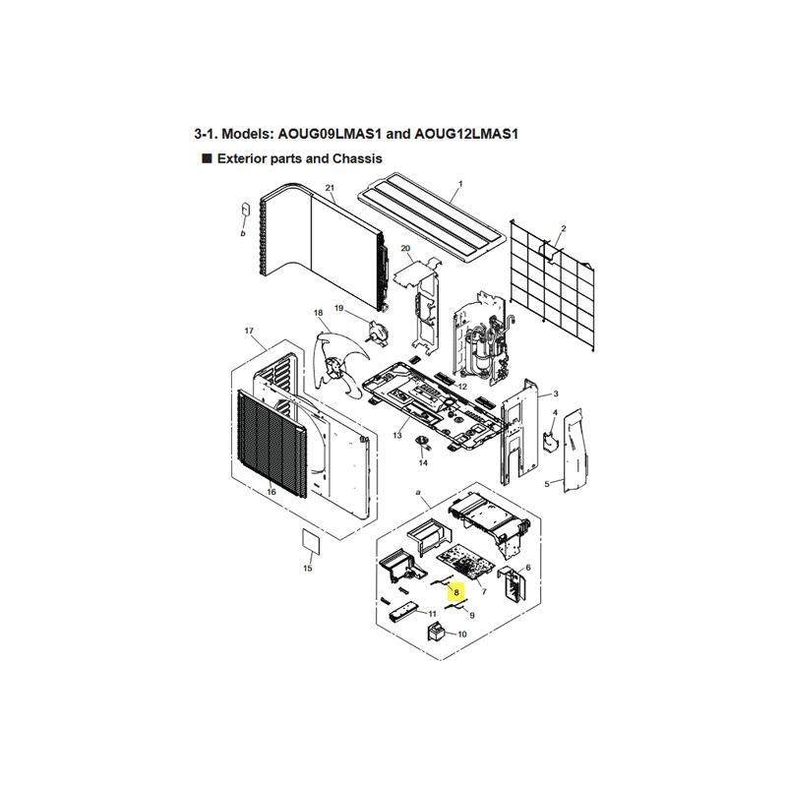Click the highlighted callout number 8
(x=456, y=592)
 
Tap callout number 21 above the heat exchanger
(x=330, y=188)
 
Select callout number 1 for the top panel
(x=460, y=184)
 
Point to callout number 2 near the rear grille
(x=564, y=229)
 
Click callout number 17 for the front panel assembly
(x=249, y=331)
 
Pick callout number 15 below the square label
(x=308, y=569)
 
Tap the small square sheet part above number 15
(x=311, y=541)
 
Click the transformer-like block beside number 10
(x=436, y=632)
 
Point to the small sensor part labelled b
(x=245, y=209)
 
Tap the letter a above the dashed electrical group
(x=418, y=493)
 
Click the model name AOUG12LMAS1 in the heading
(x=466, y=134)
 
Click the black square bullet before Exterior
(x=207, y=158)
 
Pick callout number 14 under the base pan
(x=423, y=462)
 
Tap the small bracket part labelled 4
(x=550, y=442)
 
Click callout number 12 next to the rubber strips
(x=462, y=387)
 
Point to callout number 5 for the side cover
(x=547, y=484)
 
